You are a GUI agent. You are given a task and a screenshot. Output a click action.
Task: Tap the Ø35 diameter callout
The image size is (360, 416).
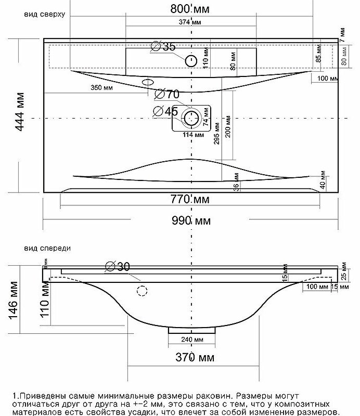163,47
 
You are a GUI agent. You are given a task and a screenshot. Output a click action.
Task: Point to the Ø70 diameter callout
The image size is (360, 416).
167,94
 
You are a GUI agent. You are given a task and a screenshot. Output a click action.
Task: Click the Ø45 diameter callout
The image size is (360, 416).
166,111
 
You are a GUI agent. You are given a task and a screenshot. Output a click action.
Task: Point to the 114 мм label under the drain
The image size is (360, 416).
193,135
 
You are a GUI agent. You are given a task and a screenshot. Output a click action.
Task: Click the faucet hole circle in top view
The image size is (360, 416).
191,61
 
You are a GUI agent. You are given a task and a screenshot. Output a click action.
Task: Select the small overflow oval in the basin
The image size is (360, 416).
148,82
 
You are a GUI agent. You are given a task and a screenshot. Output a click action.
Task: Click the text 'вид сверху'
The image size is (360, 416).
44,15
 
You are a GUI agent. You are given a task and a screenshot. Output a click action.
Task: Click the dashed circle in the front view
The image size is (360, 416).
142,290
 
